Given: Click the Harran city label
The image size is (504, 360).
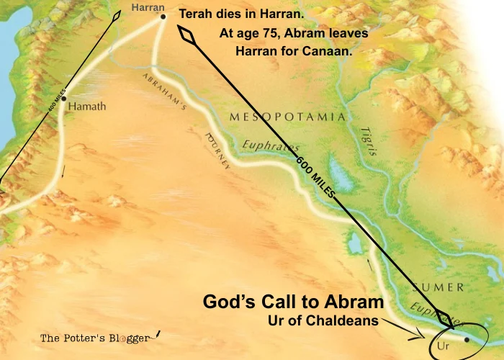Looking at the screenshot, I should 148,7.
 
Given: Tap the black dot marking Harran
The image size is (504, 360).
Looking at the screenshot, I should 163,16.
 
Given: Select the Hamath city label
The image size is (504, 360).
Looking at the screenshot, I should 88,107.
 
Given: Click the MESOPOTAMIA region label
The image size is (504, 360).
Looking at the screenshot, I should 287,116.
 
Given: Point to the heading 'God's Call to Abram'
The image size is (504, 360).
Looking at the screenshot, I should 293,302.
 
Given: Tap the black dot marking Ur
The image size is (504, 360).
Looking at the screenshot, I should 467,339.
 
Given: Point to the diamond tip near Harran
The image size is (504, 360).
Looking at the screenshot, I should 188,36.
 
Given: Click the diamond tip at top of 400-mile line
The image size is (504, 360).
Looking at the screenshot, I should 117,15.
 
